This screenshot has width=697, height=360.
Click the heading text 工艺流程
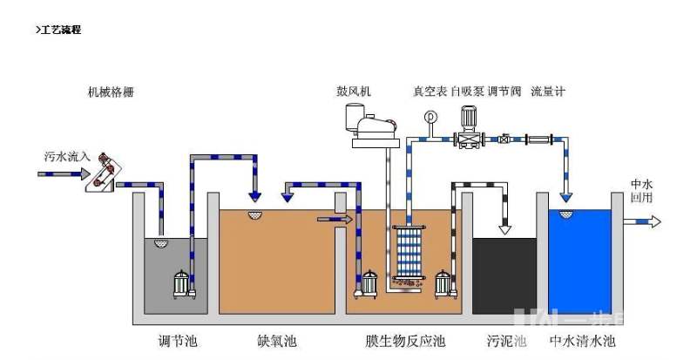(61, 31)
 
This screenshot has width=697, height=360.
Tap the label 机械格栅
(111, 91)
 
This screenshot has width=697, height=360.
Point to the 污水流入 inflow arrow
(58, 173)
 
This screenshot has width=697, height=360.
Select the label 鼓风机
(354, 91)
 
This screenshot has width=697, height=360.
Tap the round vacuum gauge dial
(429, 116)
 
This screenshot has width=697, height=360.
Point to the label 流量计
(548, 91)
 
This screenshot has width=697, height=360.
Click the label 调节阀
(504, 91)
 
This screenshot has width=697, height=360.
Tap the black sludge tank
(504, 275)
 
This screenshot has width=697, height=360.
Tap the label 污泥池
(506, 340)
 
